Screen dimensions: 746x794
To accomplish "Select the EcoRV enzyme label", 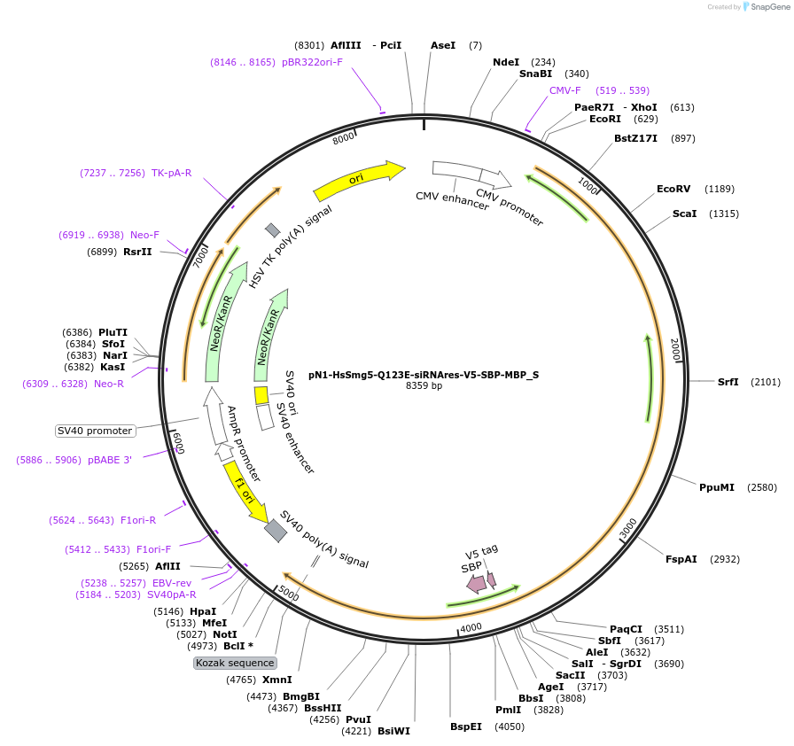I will pyautogui.click(x=673, y=189).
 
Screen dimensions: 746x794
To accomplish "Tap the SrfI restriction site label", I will pyautogui.click(x=728, y=382).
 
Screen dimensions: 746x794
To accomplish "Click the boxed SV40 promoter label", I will pyautogui.click(x=95, y=431).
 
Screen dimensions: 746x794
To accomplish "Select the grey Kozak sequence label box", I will pyautogui.click(x=236, y=663).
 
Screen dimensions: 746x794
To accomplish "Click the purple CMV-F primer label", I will pyautogui.click(x=565, y=90).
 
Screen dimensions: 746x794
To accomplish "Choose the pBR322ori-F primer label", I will pyautogui.click(x=312, y=62).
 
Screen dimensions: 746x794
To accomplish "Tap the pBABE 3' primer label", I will pyautogui.click(x=110, y=460).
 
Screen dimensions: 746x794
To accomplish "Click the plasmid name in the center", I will pyautogui.click(x=424, y=375).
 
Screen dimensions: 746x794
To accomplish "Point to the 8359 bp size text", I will pyautogui.click(x=424, y=386).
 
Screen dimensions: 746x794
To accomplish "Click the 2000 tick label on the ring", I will pyautogui.click(x=675, y=349).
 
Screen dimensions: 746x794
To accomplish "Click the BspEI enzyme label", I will pyautogui.click(x=466, y=727).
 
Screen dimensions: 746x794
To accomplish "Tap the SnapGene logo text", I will pyautogui.click(x=765, y=7).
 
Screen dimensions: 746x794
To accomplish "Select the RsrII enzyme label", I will pyautogui.click(x=137, y=252).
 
